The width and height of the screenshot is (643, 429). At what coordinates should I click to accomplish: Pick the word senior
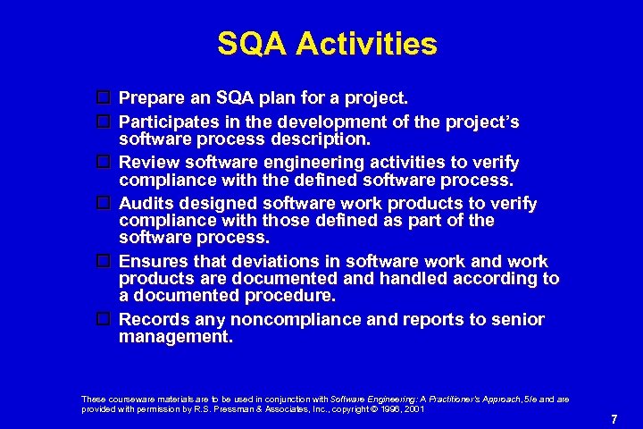(x=517, y=319)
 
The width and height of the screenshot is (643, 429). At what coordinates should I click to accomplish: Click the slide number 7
(x=614, y=419)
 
